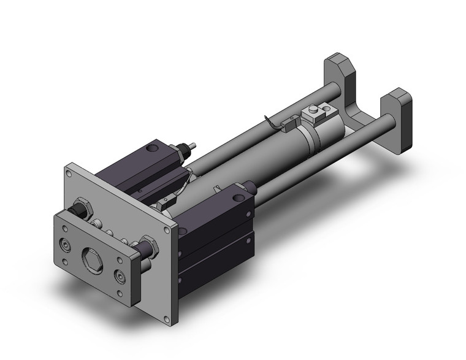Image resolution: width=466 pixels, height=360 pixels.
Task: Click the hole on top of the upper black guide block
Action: point(151,147)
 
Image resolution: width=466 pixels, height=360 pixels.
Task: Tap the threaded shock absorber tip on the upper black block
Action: point(193,147)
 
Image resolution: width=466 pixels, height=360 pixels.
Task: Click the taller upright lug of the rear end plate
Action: point(340,69)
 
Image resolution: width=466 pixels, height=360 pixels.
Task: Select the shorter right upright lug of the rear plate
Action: point(399,101)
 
